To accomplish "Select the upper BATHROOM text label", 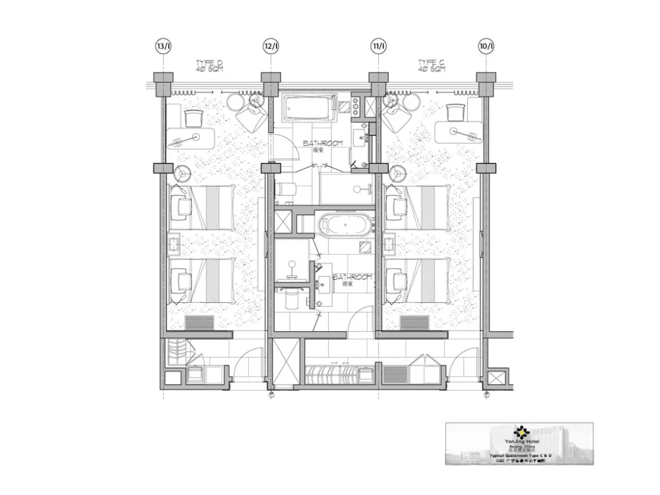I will click(323, 143).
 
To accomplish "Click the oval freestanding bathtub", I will click(345, 225).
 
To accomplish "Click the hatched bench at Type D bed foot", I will click(199, 323).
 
